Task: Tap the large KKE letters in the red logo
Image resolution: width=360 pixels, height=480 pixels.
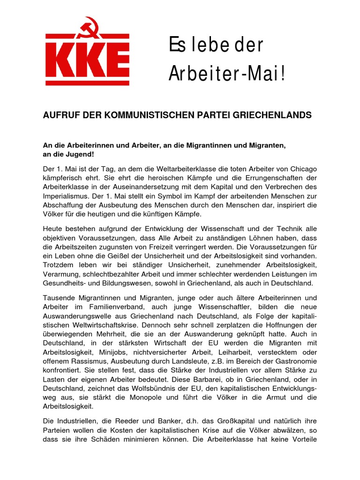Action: click(88, 62)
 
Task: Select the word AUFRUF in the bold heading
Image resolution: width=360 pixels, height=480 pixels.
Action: click(60, 115)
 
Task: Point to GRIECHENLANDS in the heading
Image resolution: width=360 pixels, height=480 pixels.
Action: click(274, 115)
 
